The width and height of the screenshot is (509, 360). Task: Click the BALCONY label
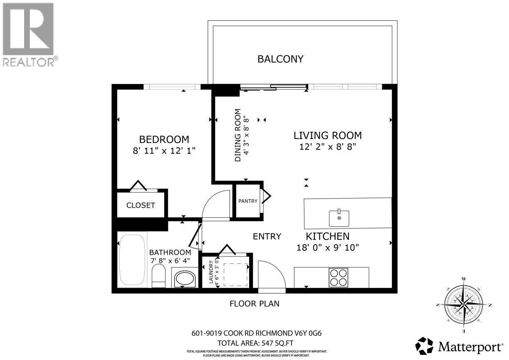pos(280,59)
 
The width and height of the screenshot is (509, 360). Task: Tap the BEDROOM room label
pos(164,139)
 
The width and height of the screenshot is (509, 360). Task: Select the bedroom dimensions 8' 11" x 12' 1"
pos(164,151)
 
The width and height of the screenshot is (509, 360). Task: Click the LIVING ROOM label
pos(327,135)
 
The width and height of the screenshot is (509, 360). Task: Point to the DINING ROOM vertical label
pos(238,135)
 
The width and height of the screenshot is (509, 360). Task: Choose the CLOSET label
pos(141,205)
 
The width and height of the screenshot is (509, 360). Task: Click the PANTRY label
pos(248,201)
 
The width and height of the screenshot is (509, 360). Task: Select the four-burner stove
pos(338,277)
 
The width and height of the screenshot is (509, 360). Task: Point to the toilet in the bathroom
pos(159,277)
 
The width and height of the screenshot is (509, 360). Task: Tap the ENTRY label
pos(267,236)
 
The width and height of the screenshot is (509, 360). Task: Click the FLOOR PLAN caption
pos(254,304)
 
